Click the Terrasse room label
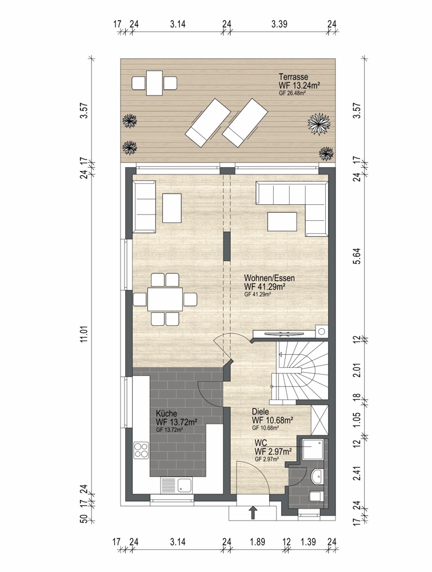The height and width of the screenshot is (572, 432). [x=294, y=77]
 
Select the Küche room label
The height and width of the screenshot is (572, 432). [x=167, y=414]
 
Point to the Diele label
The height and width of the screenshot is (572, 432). [x=261, y=412]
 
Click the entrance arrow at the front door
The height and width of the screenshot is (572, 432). [x=252, y=512]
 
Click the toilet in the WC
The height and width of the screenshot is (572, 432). [x=316, y=496]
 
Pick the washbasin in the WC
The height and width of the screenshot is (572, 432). [x=318, y=476]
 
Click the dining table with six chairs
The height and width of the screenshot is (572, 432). [x=165, y=300]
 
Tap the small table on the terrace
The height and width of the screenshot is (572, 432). [x=155, y=83]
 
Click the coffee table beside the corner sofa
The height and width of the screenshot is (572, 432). [x=282, y=222]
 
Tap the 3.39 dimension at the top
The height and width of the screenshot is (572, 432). [x=279, y=24]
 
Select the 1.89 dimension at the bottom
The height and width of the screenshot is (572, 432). [x=257, y=542]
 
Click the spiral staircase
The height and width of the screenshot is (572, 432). [x=302, y=371]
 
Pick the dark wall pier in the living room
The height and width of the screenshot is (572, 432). [x=227, y=246]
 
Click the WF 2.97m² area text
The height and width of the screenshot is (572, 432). [x=273, y=452]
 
